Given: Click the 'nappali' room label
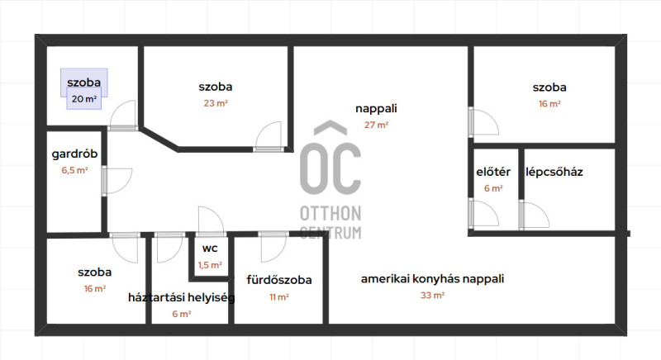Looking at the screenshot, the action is coord(376,109).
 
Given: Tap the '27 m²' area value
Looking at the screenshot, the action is coord(376,125).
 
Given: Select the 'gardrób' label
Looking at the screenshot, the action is coord(74,154).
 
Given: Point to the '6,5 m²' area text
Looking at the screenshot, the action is coord(74,170).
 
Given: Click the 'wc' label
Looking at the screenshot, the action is coord(210,249).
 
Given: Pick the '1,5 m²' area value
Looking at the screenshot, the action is coord(210,265).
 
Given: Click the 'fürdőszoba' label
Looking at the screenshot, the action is coord(279,280).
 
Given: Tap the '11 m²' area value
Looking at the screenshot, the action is coord(279,297).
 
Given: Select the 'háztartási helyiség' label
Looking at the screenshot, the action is coord(181,298).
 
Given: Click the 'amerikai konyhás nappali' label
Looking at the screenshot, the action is coord(432,279).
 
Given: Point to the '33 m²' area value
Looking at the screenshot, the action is coord(432,295).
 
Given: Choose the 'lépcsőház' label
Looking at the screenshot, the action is coord(554,172).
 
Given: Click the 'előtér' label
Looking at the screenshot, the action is coord(493,172).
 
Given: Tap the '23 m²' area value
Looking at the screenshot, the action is coord(216,103).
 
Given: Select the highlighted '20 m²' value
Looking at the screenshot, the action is coord(84,99).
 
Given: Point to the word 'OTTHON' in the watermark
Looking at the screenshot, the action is coord(330,214).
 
